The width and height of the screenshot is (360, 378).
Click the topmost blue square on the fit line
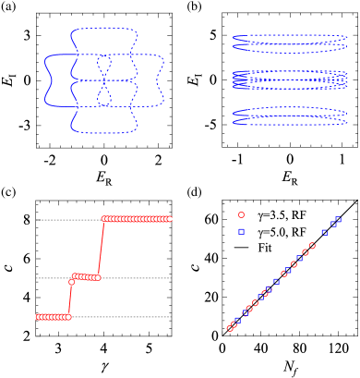[339, 219]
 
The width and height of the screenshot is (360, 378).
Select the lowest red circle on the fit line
[230, 328]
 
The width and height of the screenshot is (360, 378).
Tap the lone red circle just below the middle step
[71, 282]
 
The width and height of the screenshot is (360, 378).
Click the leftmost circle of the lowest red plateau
[38, 317]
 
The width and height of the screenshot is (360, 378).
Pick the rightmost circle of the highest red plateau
[170, 219]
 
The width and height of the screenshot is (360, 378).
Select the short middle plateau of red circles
[86, 276]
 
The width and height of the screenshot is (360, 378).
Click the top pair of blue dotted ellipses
[288, 40]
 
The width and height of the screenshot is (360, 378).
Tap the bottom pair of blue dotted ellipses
[288, 116]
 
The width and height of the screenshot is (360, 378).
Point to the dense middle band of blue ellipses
[288, 79]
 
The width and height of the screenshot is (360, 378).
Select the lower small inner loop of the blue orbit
[104, 95]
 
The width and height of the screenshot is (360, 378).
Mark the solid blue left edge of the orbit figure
[44, 80]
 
